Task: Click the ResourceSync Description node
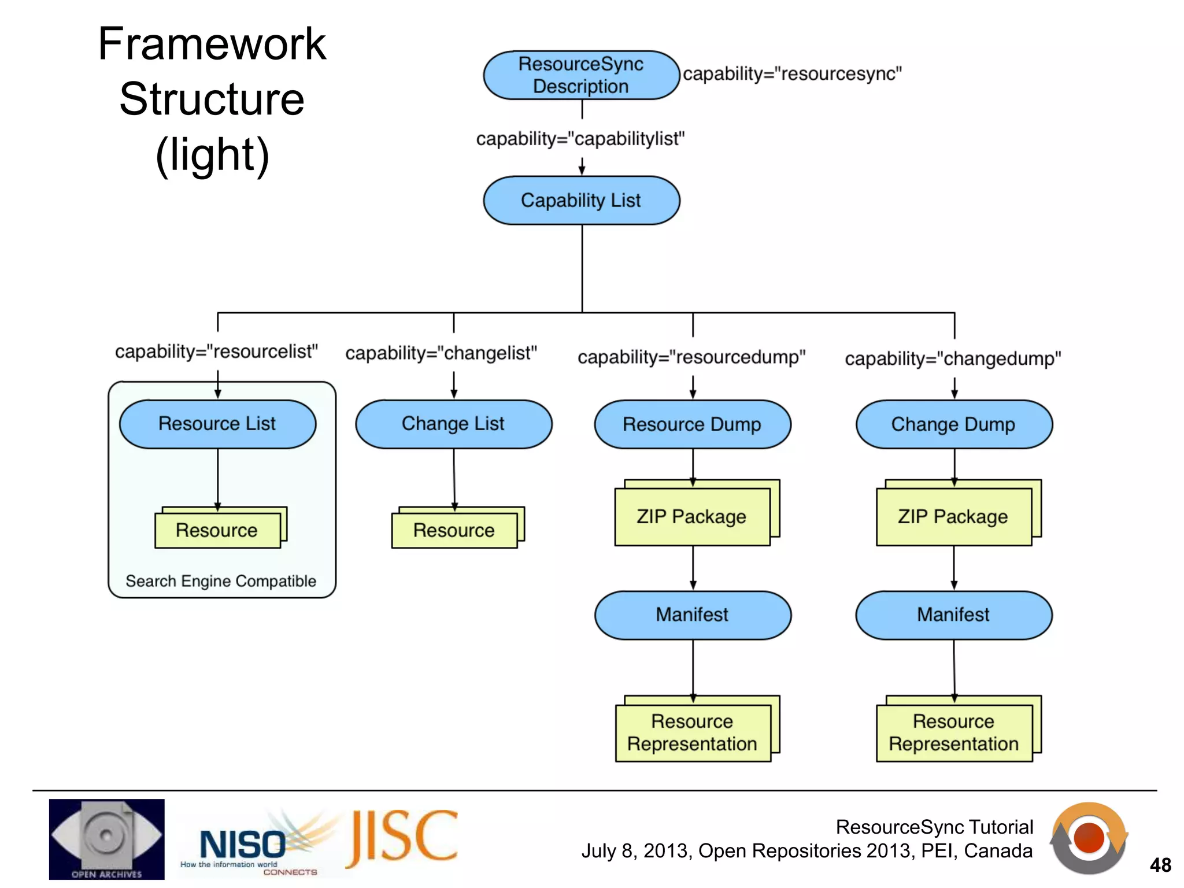[x=581, y=75]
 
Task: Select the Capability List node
[x=581, y=201]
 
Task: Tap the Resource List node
[x=217, y=424]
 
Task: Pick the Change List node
[x=453, y=424]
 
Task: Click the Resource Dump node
[x=692, y=424]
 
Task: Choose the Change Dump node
[x=953, y=424]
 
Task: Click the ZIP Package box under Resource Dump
[x=692, y=516]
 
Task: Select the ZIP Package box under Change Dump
[x=953, y=516]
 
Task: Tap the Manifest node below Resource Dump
[x=693, y=615]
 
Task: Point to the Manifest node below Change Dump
[x=953, y=615]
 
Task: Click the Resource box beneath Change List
[x=454, y=530]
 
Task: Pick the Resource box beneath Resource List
[x=217, y=530]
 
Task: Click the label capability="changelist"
[x=441, y=353]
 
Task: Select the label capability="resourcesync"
[x=792, y=74]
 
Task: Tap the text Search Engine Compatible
[x=221, y=581]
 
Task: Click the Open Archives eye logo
[x=106, y=838]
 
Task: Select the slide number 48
[x=1160, y=865]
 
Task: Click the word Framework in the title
[x=212, y=44]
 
